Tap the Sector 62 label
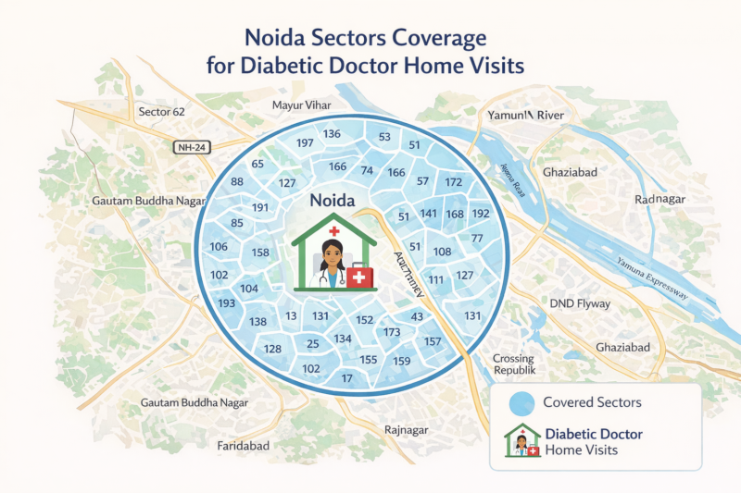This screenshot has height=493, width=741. point(161,112)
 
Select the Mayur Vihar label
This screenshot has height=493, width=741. point(300,105)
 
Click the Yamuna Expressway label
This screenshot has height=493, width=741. point(653,277)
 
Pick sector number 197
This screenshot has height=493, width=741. point(304,143)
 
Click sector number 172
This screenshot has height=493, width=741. point(453,182)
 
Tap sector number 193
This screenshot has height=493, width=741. point(225,303)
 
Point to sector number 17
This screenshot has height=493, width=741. point(347,378)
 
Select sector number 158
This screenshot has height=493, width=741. point(260,253)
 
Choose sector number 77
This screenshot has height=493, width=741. point(478,239)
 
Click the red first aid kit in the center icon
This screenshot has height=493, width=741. point(360,276)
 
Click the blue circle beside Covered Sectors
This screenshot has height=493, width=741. point(522,403)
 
